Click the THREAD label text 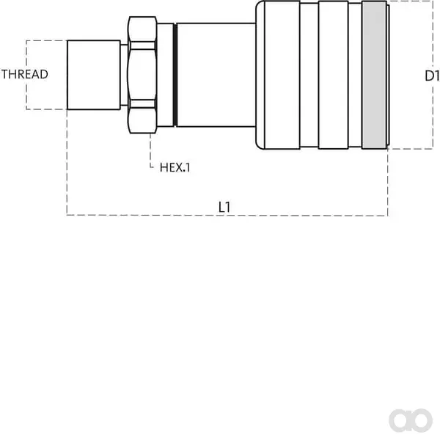tap(25, 74)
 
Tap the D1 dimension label tap(432, 76)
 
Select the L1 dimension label tap(224, 207)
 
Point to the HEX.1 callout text tap(175, 167)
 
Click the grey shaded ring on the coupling tap(374, 75)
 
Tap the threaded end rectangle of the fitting tap(94, 75)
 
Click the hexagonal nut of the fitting tap(142, 75)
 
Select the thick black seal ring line tap(175, 75)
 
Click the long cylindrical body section tap(216, 75)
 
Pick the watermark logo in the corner tap(411, 420)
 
